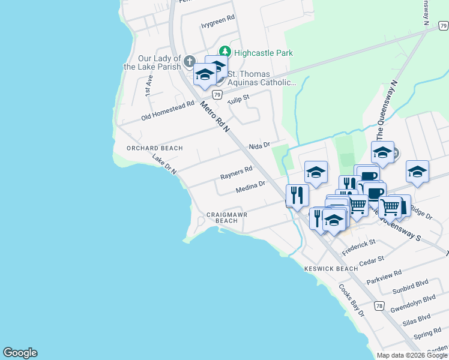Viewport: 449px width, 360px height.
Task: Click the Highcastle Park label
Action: point(264,53)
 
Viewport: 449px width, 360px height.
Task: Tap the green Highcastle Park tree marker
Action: point(225,52)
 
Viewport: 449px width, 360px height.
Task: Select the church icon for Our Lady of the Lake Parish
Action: point(189,62)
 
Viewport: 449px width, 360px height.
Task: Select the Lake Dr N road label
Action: point(164,165)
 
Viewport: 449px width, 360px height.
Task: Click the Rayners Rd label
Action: point(236,173)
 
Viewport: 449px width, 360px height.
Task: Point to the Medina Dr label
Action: point(250,187)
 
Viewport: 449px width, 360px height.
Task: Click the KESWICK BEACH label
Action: point(331,269)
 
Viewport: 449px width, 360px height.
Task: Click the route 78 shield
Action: point(379,306)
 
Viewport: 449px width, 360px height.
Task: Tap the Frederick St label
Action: point(358,246)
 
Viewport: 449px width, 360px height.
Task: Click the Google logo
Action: point(20,353)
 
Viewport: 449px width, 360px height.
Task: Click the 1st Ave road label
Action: point(149,86)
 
